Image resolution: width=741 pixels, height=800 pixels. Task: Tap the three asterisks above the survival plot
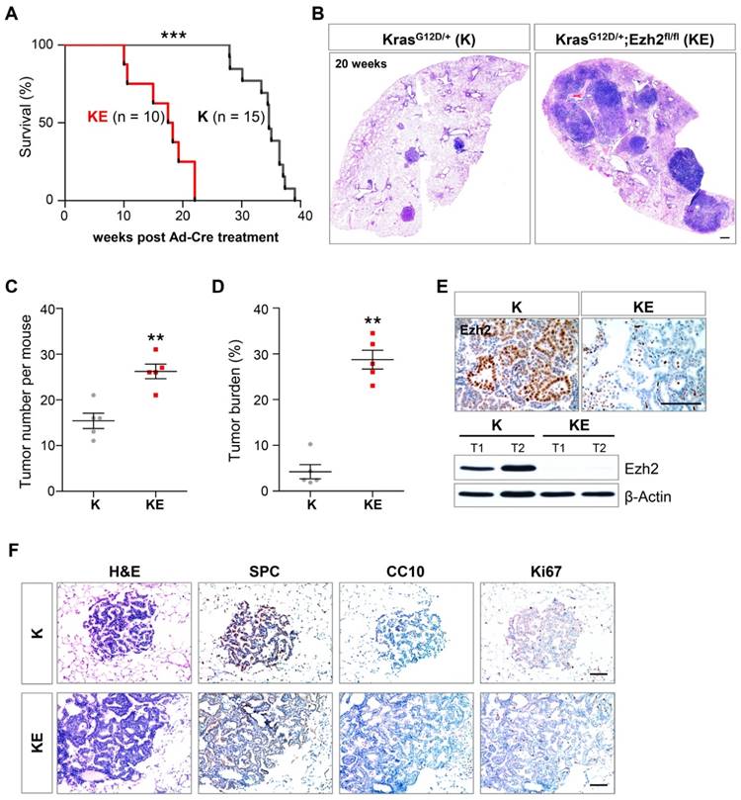[x=174, y=37]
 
